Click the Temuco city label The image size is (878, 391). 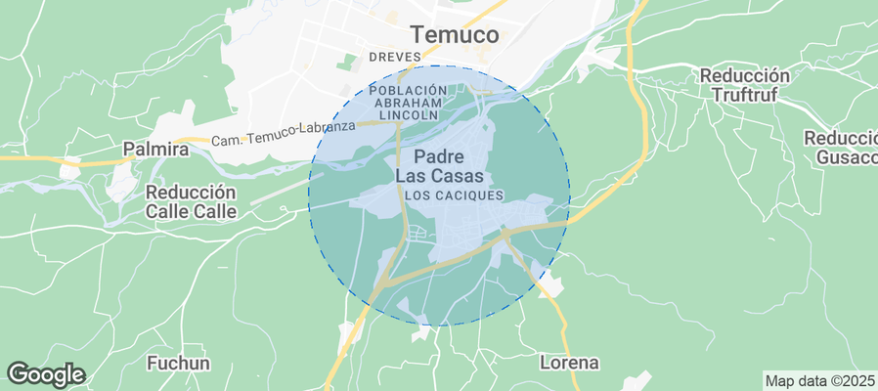click(x=455, y=35)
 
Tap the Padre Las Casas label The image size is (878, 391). click(x=439, y=166)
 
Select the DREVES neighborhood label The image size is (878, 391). click(x=394, y=57)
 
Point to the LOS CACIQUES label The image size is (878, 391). click(x=454, y=195)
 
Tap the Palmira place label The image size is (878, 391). click(x=155, y=150)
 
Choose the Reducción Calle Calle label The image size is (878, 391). click(x=191, y=201)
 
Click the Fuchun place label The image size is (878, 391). click(x=178, y=364)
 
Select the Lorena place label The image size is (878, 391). click(x=569, y=363)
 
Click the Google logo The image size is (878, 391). click(x=45, y=373)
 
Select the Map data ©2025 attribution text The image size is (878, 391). click(x=819, y=381)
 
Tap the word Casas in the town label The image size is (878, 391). click(x=461, y=176)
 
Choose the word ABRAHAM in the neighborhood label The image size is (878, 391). click(x=409, y=102)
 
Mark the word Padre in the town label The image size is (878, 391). click(x=439, y=156)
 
